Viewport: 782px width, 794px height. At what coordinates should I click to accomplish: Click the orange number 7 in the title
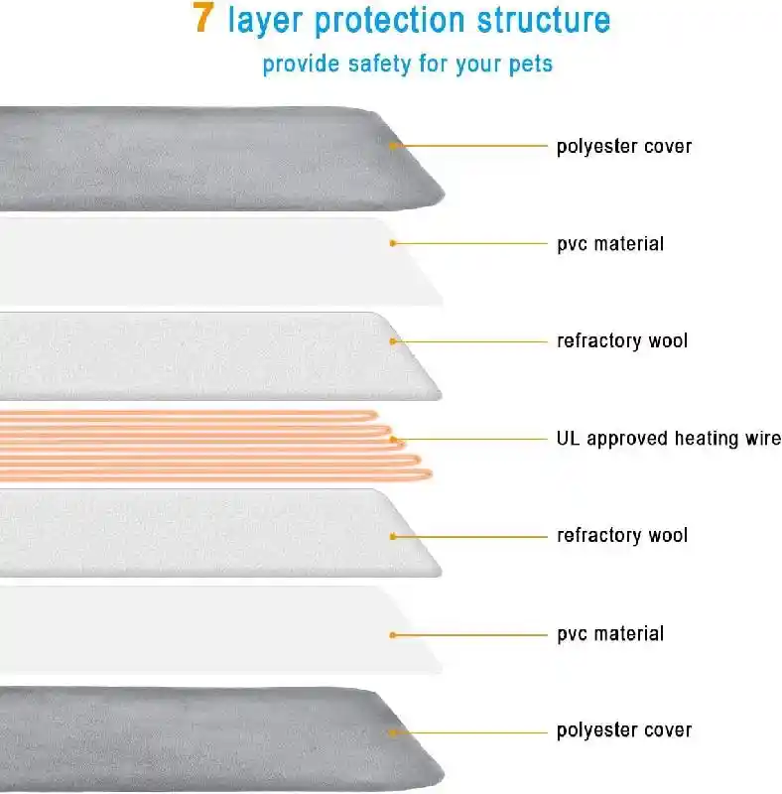coord(202,18)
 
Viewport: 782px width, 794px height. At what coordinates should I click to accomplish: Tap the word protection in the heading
coord(389,21)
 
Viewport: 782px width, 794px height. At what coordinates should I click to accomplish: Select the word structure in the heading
coord(544,20)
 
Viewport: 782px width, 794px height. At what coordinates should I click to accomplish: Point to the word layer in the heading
coord(265,21)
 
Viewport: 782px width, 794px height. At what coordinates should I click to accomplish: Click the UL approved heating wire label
coord(669,439)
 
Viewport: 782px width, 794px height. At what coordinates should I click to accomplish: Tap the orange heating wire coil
coord(212,446)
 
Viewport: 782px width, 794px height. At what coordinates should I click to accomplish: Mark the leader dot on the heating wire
coord(393,439)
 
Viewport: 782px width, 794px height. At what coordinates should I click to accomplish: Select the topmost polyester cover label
coord(624,146)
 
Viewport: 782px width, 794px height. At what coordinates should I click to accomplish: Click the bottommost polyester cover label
coord(624,730)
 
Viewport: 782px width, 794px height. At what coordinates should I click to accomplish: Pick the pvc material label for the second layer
coord(610,244)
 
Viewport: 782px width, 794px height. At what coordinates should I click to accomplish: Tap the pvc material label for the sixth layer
coord(610,634)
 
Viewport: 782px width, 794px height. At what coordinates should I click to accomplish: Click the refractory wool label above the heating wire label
coord(622,340)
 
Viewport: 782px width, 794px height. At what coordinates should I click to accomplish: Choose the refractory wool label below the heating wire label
coord(622,535)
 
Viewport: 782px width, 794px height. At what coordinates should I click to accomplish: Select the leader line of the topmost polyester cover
coord(469,146)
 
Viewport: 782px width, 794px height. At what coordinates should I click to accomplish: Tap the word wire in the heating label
coord(763,438)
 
